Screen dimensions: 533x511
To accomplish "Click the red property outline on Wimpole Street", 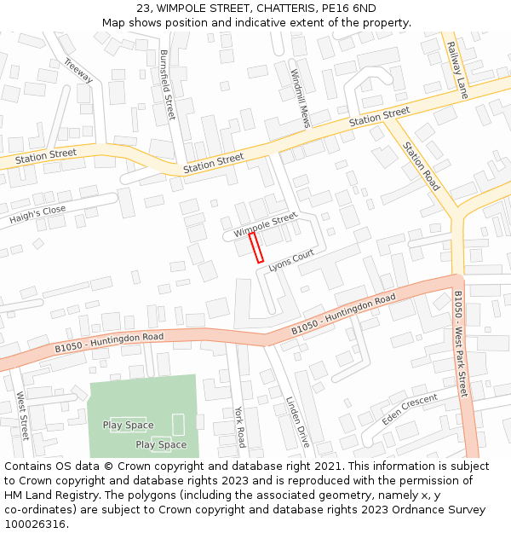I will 255,247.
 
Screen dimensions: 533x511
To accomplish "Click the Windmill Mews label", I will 300,98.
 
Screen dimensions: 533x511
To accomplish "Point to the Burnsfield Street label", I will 167,84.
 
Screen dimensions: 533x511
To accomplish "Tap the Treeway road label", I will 78,70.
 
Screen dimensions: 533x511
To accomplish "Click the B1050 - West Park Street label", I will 461,344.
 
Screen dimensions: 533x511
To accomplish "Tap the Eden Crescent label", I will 410,408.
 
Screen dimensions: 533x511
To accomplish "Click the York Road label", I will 240,426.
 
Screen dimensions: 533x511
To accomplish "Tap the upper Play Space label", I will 128,426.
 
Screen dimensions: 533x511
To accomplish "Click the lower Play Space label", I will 161,444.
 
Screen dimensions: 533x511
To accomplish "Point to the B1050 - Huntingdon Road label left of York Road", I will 109,342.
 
